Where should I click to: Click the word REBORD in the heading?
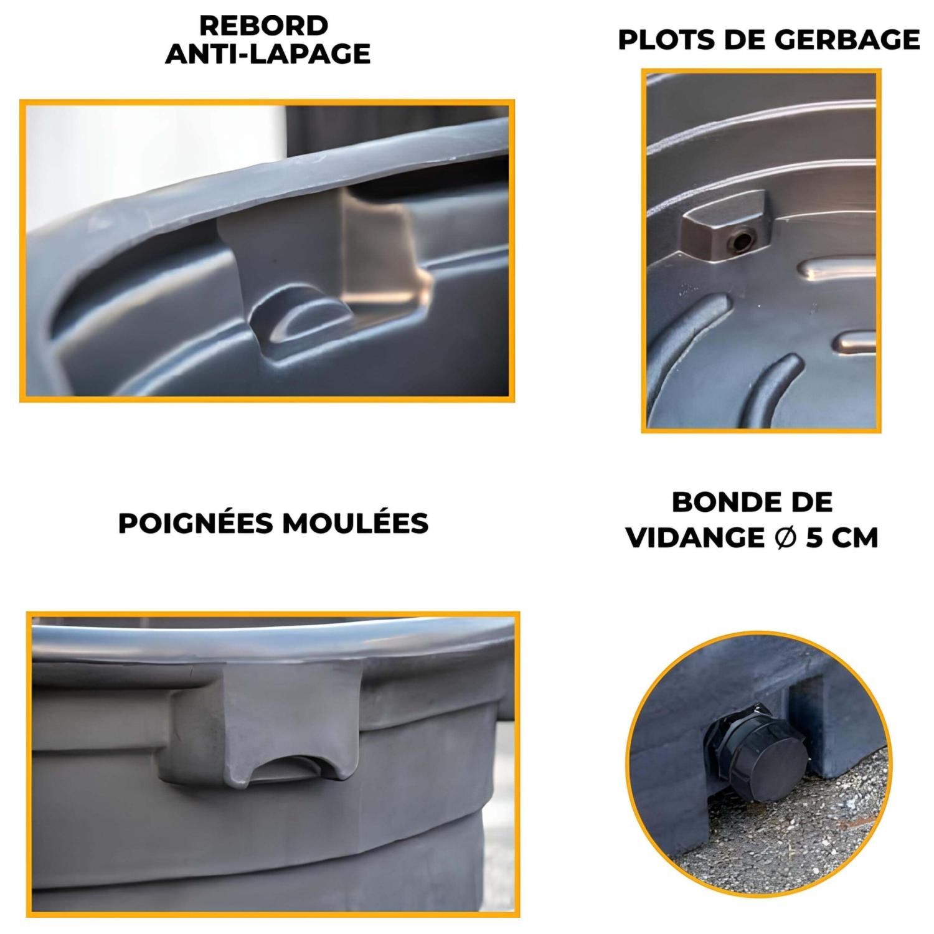263,26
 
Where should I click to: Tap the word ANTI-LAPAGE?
268,55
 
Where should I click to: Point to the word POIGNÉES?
197,524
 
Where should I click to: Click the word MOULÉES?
355,524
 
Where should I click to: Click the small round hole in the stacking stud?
743,240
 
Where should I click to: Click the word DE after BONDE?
810,502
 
